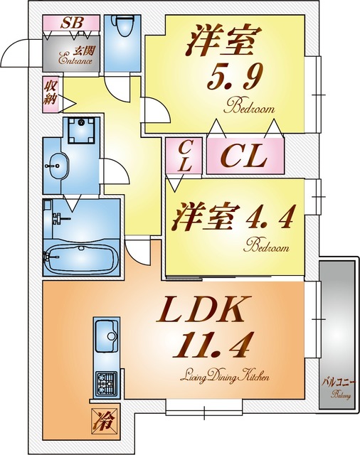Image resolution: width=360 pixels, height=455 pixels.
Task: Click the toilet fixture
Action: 123,26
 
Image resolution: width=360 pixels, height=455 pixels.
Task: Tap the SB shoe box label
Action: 72,23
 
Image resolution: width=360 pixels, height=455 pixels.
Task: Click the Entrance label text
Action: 75,60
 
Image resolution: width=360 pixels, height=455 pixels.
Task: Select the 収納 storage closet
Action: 51,95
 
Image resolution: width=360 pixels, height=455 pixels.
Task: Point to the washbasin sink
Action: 56,166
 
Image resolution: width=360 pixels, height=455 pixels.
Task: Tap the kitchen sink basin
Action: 107,334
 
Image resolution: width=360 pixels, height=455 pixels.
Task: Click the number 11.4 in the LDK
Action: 212,345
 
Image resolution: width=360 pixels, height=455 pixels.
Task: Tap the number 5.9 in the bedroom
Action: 235,77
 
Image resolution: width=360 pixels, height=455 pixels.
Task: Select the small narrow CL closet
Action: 184,156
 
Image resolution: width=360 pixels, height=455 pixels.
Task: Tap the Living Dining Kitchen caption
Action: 225,376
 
